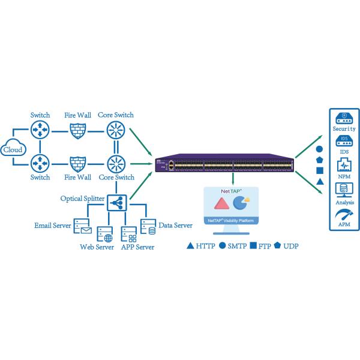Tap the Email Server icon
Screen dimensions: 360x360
(82, 226)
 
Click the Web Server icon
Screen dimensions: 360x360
(104, 233)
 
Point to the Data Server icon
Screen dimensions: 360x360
(148, 226)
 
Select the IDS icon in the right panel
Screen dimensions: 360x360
(344, 142)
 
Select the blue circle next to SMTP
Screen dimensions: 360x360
(223, 247)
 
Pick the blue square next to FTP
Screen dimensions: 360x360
(253, 247)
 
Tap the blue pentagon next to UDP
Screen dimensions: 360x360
(278, 247)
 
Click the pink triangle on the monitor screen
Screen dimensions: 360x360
(220, 203)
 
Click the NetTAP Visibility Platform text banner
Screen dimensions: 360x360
(232, 220)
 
